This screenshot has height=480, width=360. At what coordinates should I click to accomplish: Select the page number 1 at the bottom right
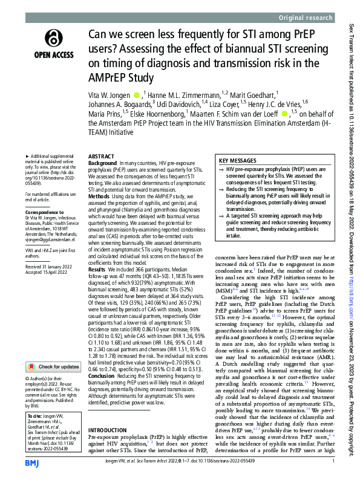(x=333, y=461)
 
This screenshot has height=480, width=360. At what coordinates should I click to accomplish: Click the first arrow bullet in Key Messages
(x=223, y=170)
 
